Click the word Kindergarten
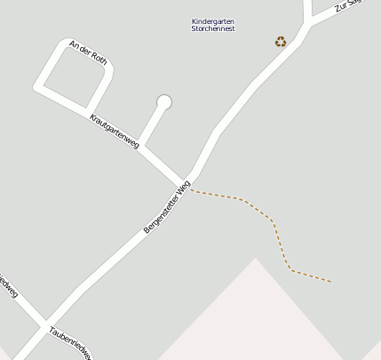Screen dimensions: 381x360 213,21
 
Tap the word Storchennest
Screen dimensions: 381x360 213,29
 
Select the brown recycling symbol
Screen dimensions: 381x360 281,41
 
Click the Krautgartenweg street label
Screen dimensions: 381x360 115,131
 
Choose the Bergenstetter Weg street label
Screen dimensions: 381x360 167,207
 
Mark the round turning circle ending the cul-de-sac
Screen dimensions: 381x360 163,102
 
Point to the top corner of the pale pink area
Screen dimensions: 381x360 256,259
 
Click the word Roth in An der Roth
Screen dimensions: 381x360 99,60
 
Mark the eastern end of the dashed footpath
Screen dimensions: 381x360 330,282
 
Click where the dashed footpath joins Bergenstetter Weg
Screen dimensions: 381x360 191,190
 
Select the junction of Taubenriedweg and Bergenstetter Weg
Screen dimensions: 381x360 44,323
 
